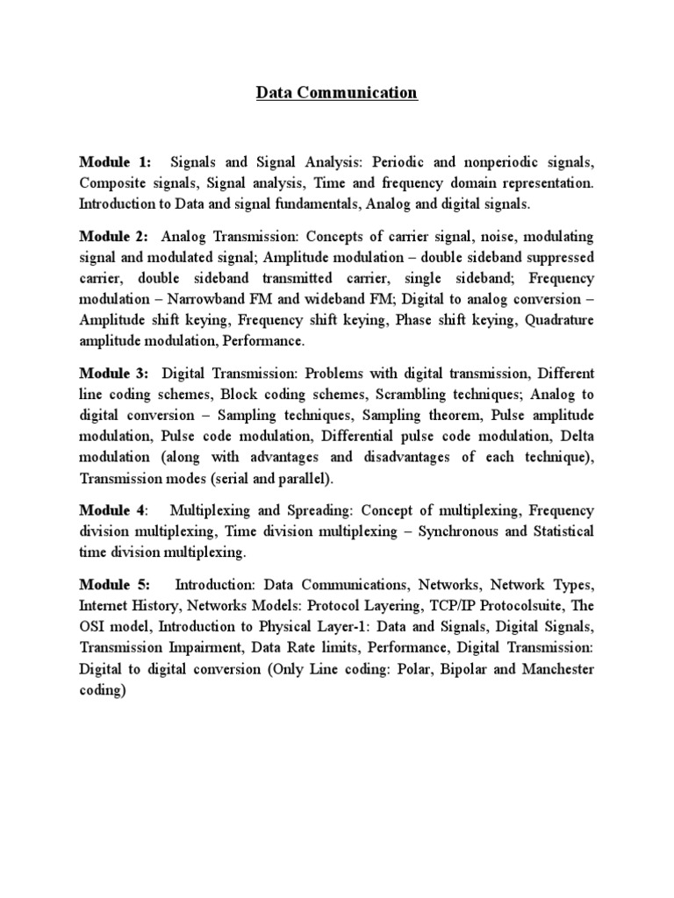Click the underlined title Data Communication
[x=337, y=93]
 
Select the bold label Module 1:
[x=114, y=163]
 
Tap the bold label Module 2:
[x=114, y=239]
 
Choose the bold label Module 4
[x=113, y=510]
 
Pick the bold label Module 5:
[x=114, y=585]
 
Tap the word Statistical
[x=561, y=531]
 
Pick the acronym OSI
[x=94, y=627]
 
